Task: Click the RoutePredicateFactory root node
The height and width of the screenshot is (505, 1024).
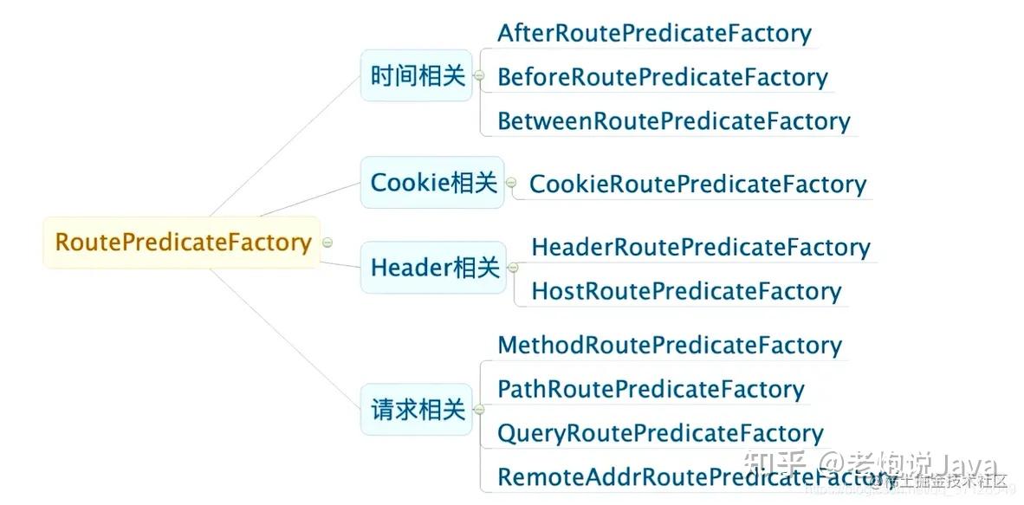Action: coord(182,243)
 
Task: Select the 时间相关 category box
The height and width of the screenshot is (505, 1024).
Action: coord(417,76)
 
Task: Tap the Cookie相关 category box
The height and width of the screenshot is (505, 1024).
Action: coord(432,183)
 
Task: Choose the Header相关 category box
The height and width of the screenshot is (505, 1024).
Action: coord(433,268)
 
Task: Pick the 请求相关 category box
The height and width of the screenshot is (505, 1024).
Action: coord(417,410)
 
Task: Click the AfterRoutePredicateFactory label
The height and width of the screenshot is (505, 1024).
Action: coord(654,34)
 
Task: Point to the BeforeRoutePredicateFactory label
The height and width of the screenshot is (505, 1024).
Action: coord(662,77)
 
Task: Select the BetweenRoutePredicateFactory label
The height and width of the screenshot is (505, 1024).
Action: coord(673,121)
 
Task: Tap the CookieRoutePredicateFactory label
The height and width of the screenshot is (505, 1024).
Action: coord(697,184)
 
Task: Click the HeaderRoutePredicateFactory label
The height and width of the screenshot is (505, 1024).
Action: coord(700,248)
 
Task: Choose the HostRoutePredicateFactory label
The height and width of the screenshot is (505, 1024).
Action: coord(686,291)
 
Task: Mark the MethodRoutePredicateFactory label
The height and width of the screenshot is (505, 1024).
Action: coord(669,346)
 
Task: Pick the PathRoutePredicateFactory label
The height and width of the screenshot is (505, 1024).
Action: coord(651,390)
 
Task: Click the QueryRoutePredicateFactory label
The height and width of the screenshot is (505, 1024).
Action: coord(660,433)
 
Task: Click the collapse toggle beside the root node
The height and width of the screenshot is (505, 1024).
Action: coord(327,243)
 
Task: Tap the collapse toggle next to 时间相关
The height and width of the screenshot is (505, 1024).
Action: coord(478,77)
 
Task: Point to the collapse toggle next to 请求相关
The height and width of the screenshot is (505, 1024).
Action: coord(478,411)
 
